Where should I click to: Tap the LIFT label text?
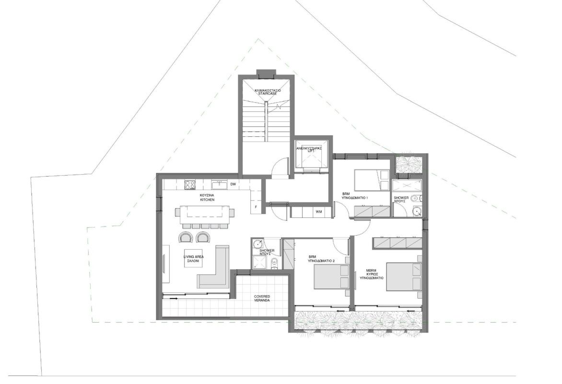[x=312, y=150]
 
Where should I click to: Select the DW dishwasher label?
[x=233, y=184]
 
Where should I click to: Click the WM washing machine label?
[x=318, y=212]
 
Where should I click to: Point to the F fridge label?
[x=257, y=207]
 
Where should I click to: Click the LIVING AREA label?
[x=194, y=259]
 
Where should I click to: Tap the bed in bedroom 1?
[x=371, y=181]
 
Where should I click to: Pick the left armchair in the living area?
[x=185, y=237]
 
